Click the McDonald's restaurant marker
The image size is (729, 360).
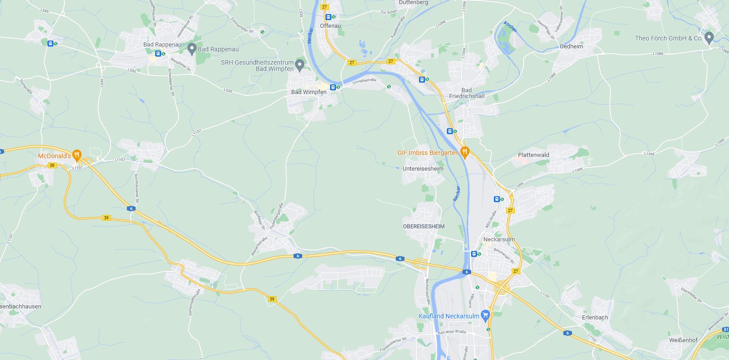click(77, 155)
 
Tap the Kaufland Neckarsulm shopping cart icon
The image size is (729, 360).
click(485, 314)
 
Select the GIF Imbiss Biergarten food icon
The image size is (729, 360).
click(465, 151)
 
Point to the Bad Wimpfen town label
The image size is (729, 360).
click(309, 92)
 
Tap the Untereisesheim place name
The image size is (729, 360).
click(423, 169)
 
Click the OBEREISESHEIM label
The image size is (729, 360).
click(424, 226)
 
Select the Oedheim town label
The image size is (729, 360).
click(571, 47)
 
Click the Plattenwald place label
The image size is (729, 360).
click(533, 155)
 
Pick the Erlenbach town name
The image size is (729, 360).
click(595, 318)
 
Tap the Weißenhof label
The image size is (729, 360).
click(683, 340)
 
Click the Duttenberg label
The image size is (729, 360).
click(413, 3)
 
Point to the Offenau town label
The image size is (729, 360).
click(330, 26)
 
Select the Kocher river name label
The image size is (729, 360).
click(510, 27)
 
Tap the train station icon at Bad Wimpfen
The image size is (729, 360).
click(333, 87)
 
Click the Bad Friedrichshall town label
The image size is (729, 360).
click(467, 93)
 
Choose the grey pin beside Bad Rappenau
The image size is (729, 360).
click(192, 48)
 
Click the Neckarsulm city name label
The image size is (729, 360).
click(499, 240)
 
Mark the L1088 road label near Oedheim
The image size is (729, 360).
click(657, 54)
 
